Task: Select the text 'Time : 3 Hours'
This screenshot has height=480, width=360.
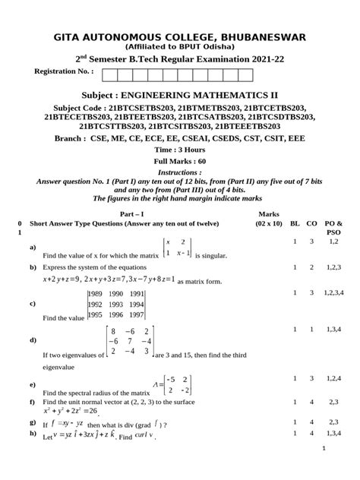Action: pos(180,151)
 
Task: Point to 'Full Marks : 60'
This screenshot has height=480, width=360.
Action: pos(180,162)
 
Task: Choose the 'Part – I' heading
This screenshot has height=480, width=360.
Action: pos(142,215)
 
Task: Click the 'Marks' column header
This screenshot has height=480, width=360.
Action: pos(270,215)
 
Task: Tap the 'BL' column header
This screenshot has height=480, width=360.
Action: pos(295,226)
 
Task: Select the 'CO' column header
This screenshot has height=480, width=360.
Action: pos(311,226)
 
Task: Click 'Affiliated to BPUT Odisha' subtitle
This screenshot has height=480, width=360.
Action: pos(180,47)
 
